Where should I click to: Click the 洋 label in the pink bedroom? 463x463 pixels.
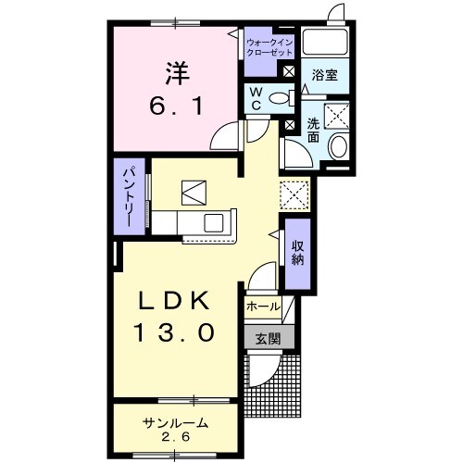178,74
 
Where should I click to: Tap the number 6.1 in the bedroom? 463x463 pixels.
176,106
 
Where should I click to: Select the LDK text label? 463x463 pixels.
174,301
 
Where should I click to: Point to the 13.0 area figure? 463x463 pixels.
174,332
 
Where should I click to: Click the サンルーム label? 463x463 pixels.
175,423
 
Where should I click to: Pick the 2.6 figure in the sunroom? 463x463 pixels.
175,436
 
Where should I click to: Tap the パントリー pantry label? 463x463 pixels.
129,196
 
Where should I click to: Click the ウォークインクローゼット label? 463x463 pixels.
269,47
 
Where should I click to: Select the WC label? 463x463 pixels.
256,98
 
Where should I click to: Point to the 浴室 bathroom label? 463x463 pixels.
325,75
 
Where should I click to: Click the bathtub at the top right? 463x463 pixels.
325,43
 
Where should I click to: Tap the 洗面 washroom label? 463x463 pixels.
313,131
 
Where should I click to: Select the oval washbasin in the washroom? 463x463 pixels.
339,147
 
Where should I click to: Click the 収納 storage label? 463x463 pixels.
298,253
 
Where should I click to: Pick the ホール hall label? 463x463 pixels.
263,307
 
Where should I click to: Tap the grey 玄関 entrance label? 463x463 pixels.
268,339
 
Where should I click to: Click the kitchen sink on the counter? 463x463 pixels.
214,222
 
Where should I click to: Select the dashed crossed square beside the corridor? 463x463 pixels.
294,194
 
